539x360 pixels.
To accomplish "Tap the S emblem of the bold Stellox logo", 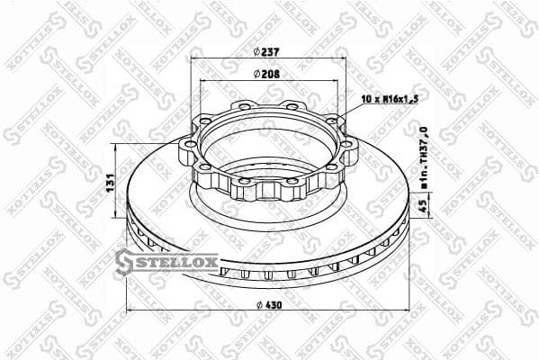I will pos(124,262).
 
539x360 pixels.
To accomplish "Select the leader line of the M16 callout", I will pos(351,111).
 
